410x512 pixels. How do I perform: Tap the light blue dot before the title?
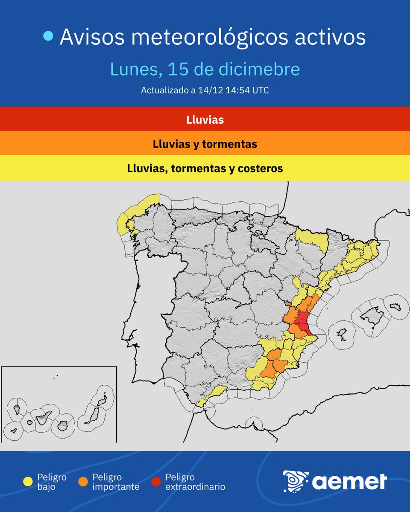point(49,37)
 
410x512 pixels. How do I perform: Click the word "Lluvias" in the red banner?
point(205,120)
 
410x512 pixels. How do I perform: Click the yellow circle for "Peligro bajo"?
point(28,482)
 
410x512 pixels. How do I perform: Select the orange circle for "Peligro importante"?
point(83,482)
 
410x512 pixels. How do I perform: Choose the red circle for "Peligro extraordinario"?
point(156,482)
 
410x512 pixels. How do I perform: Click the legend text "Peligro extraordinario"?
point(195,482)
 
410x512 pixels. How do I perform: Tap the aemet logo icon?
point(295,481)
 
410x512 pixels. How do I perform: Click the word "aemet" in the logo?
point(349,482)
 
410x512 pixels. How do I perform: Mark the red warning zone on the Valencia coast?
point(304,322)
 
